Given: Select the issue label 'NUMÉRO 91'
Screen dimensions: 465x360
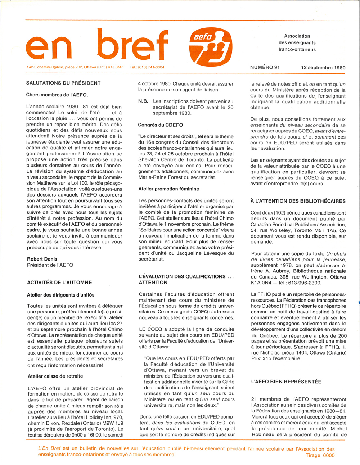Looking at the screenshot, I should pos(265,67).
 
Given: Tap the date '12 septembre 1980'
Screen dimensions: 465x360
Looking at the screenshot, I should pos(323,68).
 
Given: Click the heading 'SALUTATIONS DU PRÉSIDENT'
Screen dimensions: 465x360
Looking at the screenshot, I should pos(63,83).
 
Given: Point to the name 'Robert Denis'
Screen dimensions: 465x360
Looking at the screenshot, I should pos(42,259).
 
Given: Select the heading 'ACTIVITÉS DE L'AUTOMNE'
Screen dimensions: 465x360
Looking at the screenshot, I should pos(59,283).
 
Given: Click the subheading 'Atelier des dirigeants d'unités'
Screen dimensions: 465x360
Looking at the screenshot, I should pos(60,295).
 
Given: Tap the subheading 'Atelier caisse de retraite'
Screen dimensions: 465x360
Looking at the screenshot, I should pos(55,376).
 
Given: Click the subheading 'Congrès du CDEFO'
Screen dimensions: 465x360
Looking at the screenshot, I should pos(161,125).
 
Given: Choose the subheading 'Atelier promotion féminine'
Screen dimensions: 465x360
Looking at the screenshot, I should pos(168,189).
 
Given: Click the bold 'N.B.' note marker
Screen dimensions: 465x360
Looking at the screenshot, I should pos(143,101).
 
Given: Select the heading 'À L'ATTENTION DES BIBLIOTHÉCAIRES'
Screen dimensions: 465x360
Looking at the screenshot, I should pos(298,201).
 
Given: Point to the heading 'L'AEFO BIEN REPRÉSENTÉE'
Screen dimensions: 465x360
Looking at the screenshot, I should pos(286,382).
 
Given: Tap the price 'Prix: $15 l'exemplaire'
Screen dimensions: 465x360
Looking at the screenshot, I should pos(276,358).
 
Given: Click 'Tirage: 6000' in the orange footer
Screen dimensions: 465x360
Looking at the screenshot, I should pos(320,455).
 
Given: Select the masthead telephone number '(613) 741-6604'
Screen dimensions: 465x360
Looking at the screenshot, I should pos(151,67).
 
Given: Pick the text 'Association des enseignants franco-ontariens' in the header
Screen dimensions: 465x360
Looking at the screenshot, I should pos(297,42).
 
